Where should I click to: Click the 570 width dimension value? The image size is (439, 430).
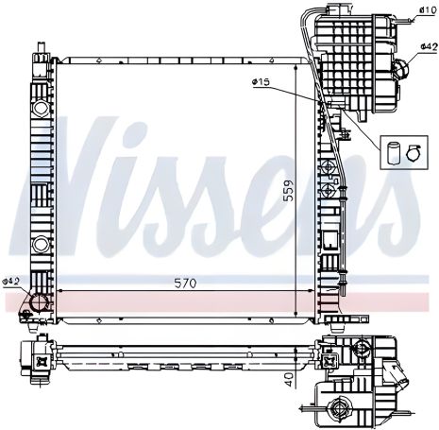(184, 282)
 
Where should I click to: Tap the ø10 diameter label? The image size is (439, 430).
(426, 9)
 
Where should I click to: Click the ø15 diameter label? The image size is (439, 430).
(262, 82)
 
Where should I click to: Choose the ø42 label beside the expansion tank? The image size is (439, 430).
(426, 44)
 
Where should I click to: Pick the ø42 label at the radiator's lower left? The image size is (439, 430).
(11, 281)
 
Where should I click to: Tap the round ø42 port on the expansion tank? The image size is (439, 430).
(401, 68)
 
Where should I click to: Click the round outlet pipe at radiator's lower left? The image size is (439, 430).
(40, 302)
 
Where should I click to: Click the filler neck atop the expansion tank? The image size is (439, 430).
(334, 13)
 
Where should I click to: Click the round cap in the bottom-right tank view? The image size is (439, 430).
(337, 408)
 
